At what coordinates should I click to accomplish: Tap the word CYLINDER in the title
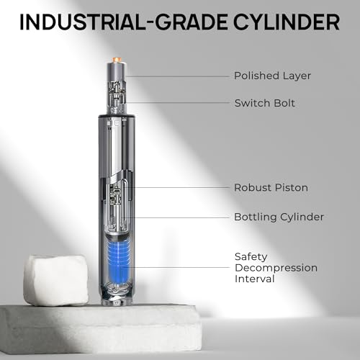287,22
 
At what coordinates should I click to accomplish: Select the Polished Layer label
272,76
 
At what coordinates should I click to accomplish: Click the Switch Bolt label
265,103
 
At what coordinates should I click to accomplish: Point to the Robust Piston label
271,188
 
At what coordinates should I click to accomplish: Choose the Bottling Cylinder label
279,217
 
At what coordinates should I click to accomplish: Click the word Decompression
276,268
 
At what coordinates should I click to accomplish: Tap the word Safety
251,257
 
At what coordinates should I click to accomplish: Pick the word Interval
255,279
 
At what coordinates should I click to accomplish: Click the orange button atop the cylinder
117,59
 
